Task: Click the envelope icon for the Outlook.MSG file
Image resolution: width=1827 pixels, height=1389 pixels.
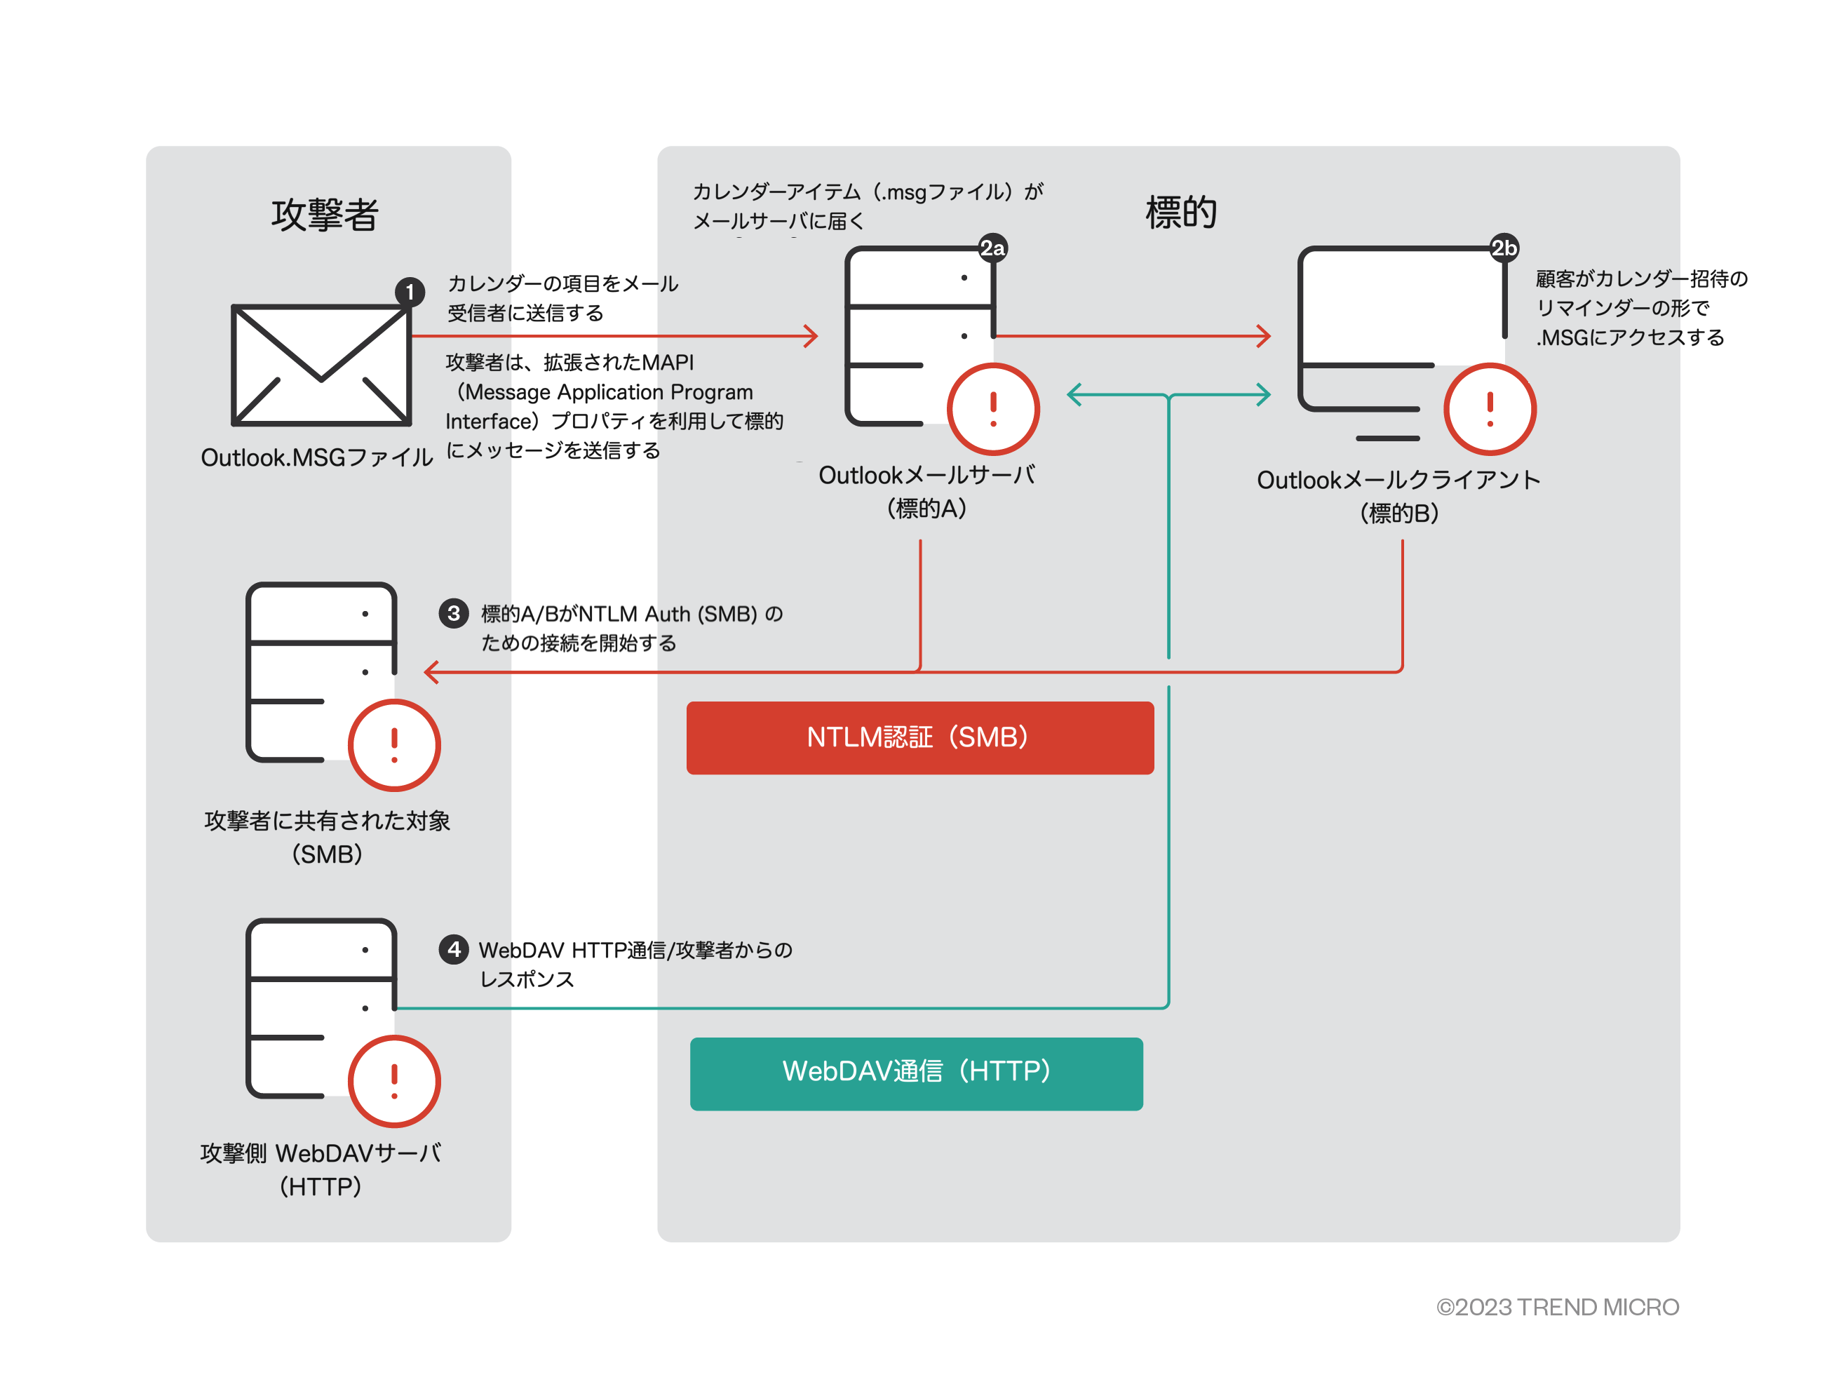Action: tap(321, 365)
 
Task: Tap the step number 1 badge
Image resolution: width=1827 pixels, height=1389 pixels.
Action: tap(409, 292)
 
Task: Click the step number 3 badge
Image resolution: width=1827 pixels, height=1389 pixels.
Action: tap(453, 613)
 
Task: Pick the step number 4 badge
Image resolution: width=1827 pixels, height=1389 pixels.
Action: tap(453, 949)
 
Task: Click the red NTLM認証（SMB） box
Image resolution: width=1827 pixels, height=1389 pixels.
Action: tap(919, 737)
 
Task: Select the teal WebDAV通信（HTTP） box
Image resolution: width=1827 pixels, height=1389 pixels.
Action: tap(916, 1073)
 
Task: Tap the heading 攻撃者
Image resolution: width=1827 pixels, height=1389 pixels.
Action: tap(325, 215)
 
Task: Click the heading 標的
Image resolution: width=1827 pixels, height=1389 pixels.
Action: tap(1180, 213)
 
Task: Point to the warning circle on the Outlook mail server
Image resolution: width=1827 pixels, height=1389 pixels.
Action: tap(993, 409)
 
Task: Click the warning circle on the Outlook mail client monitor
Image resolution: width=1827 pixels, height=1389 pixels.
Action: tap(1490, 409)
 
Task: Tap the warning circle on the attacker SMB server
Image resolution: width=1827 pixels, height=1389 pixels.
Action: tap(394, 745)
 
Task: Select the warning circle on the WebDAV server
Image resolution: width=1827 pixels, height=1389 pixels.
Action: tap(394, 1080)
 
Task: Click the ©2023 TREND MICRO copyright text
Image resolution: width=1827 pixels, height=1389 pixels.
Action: tap(1557, 1307)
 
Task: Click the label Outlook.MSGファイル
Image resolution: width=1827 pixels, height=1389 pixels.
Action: tap(316, 457)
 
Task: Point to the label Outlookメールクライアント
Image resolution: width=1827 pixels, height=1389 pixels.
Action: tap(1398, 481)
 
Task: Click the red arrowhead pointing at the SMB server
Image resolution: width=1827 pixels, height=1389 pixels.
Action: tap(431, 672)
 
